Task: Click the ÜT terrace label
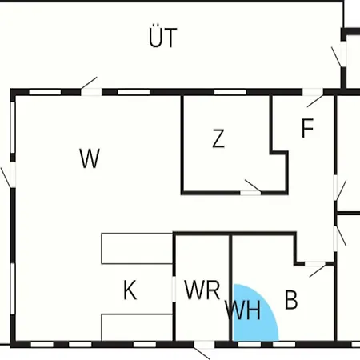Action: tap(162, 37)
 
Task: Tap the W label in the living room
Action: tap(90, 158)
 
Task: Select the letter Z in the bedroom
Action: tap(218, 138)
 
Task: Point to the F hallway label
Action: tap(307, 128)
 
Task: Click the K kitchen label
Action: tap(130, 290)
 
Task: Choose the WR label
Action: tap(202, 290)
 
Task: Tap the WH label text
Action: tap(242, 310)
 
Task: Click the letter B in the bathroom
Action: tap(291, 300)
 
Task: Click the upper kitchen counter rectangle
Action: tap(137, 249)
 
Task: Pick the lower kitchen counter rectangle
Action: tap(137, 327)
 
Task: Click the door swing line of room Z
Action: tap(253, 186)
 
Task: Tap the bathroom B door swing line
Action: tap(318, 270)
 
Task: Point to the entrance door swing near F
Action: tap(315, 101)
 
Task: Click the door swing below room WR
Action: tap(202, 353)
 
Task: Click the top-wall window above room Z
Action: tap(230, 92)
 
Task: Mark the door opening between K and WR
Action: tap(174, 289)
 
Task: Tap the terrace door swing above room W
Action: tap(89, 83)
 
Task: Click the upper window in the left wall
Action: tap(13, 127)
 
